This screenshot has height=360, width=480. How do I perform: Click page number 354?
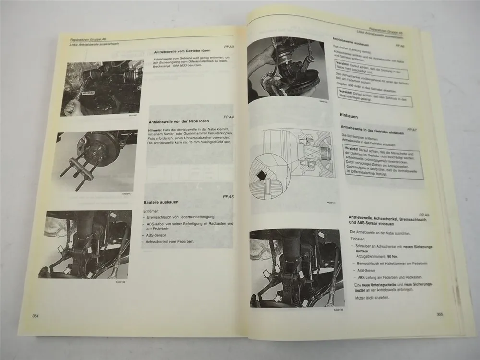coord(35,315)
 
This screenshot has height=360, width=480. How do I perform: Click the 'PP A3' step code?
coord(228,47)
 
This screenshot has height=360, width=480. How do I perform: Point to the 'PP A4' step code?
coord(228,117)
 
